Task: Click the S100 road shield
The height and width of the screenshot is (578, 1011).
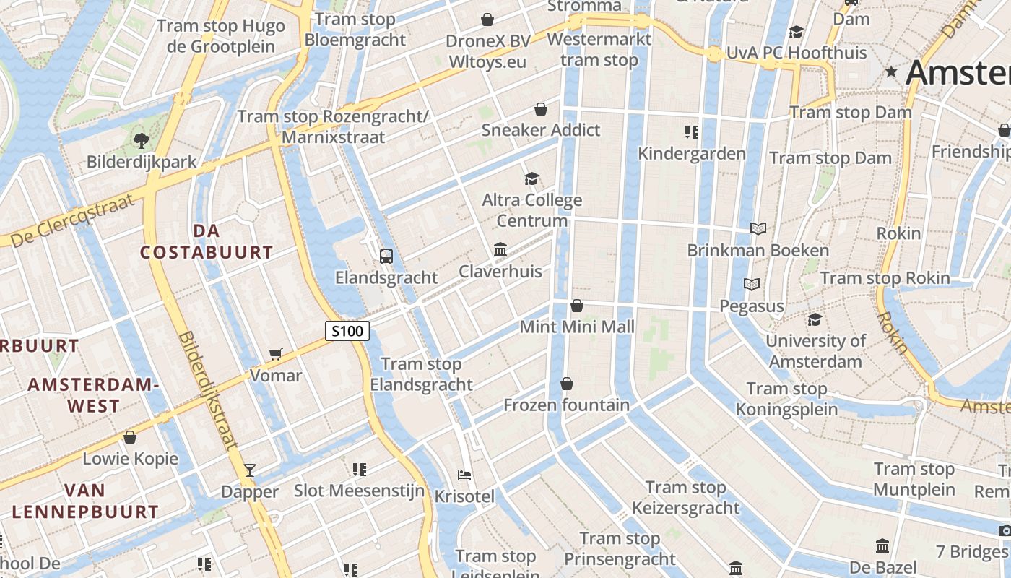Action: tap(347, 332)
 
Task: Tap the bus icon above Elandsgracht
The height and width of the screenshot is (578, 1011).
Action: tap(386, 256)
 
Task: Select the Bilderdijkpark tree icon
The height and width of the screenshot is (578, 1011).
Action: tap(141, 140)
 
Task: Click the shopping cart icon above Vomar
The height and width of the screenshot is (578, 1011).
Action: tap(275, 354)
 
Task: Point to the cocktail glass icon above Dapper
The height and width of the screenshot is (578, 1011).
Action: tap(250, 470)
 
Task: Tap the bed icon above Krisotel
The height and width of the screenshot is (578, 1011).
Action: tap(465, 475)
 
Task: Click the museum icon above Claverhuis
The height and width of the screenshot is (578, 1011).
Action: tap(500, 250)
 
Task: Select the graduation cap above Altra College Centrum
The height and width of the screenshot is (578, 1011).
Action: tap(531, 178)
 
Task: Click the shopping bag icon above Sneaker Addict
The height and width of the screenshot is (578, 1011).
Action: tap(540, 109)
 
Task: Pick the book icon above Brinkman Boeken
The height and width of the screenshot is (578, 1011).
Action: tap(758, 229)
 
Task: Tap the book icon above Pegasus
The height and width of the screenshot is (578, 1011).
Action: tap(752, 285)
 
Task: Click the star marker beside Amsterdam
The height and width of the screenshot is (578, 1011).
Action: tap(891, 72)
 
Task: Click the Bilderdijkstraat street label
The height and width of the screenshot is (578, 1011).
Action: tap(207, 391)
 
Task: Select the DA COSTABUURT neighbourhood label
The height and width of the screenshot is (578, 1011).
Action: tap(207, 242)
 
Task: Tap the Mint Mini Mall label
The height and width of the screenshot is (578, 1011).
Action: tap(577, 327)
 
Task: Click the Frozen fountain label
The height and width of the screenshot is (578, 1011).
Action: tap(566, 405)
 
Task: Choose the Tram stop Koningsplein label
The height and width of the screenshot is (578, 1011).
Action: tap(786, 399)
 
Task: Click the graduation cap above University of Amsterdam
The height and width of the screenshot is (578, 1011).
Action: tap(815, 319)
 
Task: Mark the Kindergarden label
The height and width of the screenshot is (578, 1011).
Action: tap(692, 153)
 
